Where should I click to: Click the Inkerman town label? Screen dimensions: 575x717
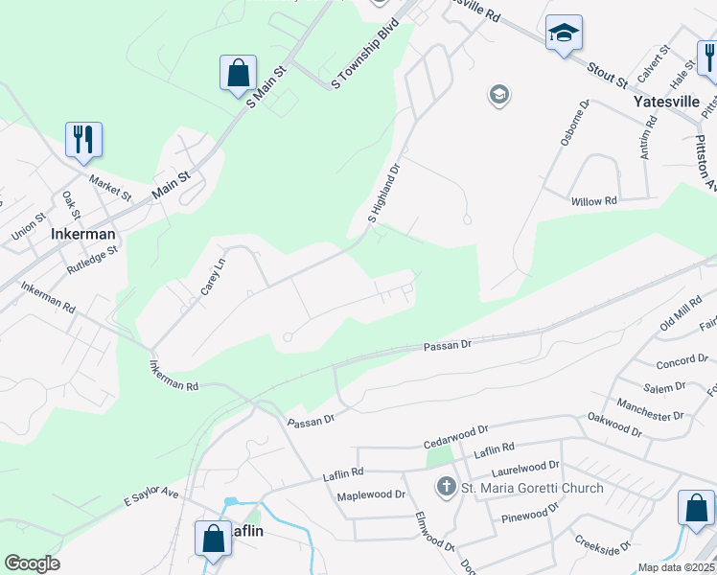click(x=82, y=234)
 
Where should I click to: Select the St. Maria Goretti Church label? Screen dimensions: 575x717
click(x=532, y=488)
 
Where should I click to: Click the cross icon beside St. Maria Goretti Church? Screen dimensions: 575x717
click(x=446, y=488)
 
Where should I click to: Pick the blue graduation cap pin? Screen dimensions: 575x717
click(x=564, y=34)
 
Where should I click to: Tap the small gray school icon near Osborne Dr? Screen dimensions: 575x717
click(x=498, y=94)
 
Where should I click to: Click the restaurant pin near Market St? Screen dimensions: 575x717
click(x=83, y=140)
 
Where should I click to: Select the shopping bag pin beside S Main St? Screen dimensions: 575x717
click(x=238, y=74)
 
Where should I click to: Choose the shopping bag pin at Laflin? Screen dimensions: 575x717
click(x=213, y=539)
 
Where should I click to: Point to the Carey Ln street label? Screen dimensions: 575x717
click(x=213, y=274)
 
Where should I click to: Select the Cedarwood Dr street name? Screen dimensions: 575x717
click(x=457, y=437)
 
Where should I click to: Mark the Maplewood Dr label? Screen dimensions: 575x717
click(x=371, y=495)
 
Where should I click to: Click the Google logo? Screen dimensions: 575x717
click(x=32, y=563)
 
